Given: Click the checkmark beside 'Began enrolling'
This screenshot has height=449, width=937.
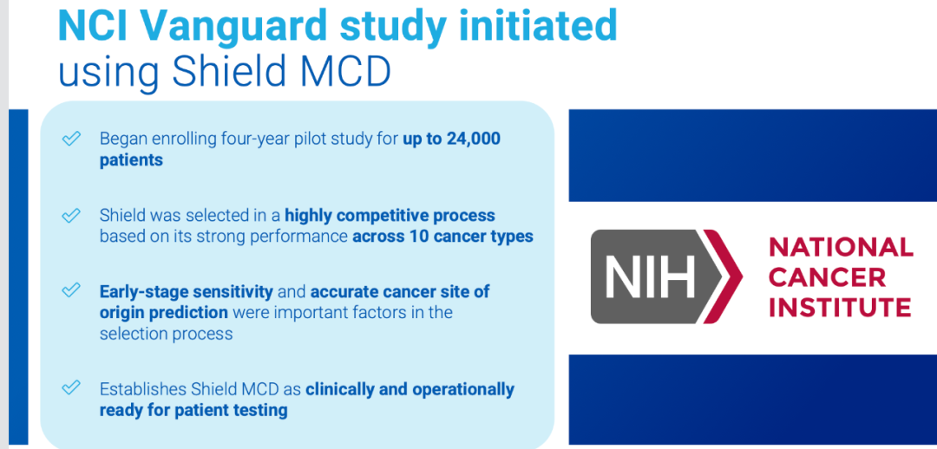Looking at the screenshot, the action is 71,139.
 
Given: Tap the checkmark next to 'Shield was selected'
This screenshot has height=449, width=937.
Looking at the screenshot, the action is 71,215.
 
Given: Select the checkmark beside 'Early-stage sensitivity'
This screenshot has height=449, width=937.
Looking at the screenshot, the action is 71,290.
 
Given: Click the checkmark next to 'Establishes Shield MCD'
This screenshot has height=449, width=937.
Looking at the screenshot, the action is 71,387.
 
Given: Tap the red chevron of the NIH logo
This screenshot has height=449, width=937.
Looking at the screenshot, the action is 724,277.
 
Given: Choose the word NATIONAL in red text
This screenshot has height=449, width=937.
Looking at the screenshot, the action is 841,247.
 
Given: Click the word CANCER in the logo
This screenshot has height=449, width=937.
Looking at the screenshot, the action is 827,277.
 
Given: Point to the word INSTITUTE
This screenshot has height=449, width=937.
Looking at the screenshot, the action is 840,307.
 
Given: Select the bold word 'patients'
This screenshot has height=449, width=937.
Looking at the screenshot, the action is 131,161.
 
